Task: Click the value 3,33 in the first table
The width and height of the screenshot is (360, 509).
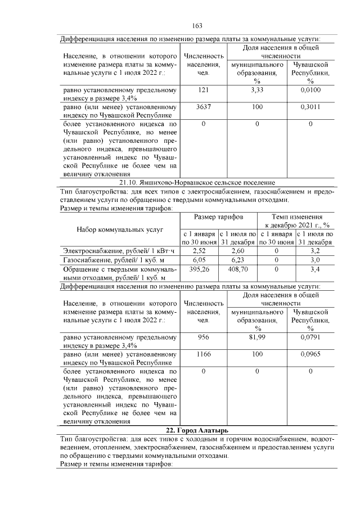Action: click(x=257, y=90)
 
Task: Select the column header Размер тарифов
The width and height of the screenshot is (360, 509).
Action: click(x=218, y=217)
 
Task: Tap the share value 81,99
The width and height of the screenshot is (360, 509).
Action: click(x=257, y=337)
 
